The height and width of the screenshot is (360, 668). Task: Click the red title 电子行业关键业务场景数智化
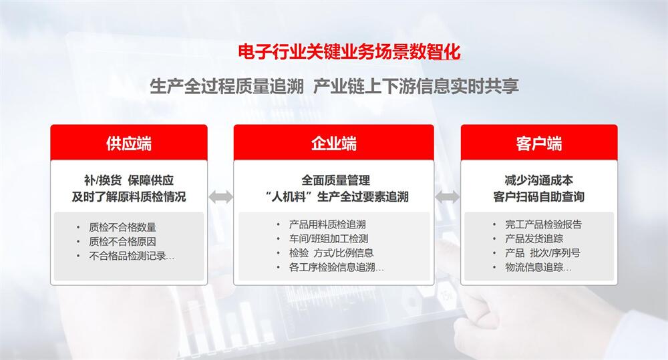pos(349,52)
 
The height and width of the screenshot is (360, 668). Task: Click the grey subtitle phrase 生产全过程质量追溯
pos(227,86)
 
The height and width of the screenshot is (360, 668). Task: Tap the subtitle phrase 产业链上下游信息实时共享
pos(416,86)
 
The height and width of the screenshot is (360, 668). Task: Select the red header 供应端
pos(129,144)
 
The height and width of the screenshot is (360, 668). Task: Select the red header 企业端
pos(333,144)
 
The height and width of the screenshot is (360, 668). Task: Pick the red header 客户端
pos(539,144)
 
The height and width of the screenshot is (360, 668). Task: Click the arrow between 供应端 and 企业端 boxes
pos(220,197)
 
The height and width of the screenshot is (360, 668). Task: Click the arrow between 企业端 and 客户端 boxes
pos(448,197)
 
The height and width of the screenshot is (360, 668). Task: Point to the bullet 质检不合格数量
pos(123,228)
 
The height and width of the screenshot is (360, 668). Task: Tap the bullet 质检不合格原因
pos(123,242)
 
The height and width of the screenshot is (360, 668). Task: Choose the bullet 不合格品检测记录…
pos(132,256)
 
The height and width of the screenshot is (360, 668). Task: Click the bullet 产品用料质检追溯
pos(327,224)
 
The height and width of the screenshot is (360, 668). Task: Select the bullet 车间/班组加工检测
pos(329,238)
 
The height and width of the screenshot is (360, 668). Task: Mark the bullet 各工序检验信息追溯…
pos(337,267)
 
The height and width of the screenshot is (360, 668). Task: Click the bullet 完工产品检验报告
pos(544,224)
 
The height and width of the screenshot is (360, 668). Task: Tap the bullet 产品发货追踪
pos(534,238)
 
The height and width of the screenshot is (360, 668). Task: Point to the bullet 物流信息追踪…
pos(538,267)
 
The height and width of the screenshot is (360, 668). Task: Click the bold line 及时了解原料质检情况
pos(129,197)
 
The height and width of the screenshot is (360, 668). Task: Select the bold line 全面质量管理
pos(336,180)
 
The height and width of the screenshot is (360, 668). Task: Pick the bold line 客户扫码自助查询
pos(539,197)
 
